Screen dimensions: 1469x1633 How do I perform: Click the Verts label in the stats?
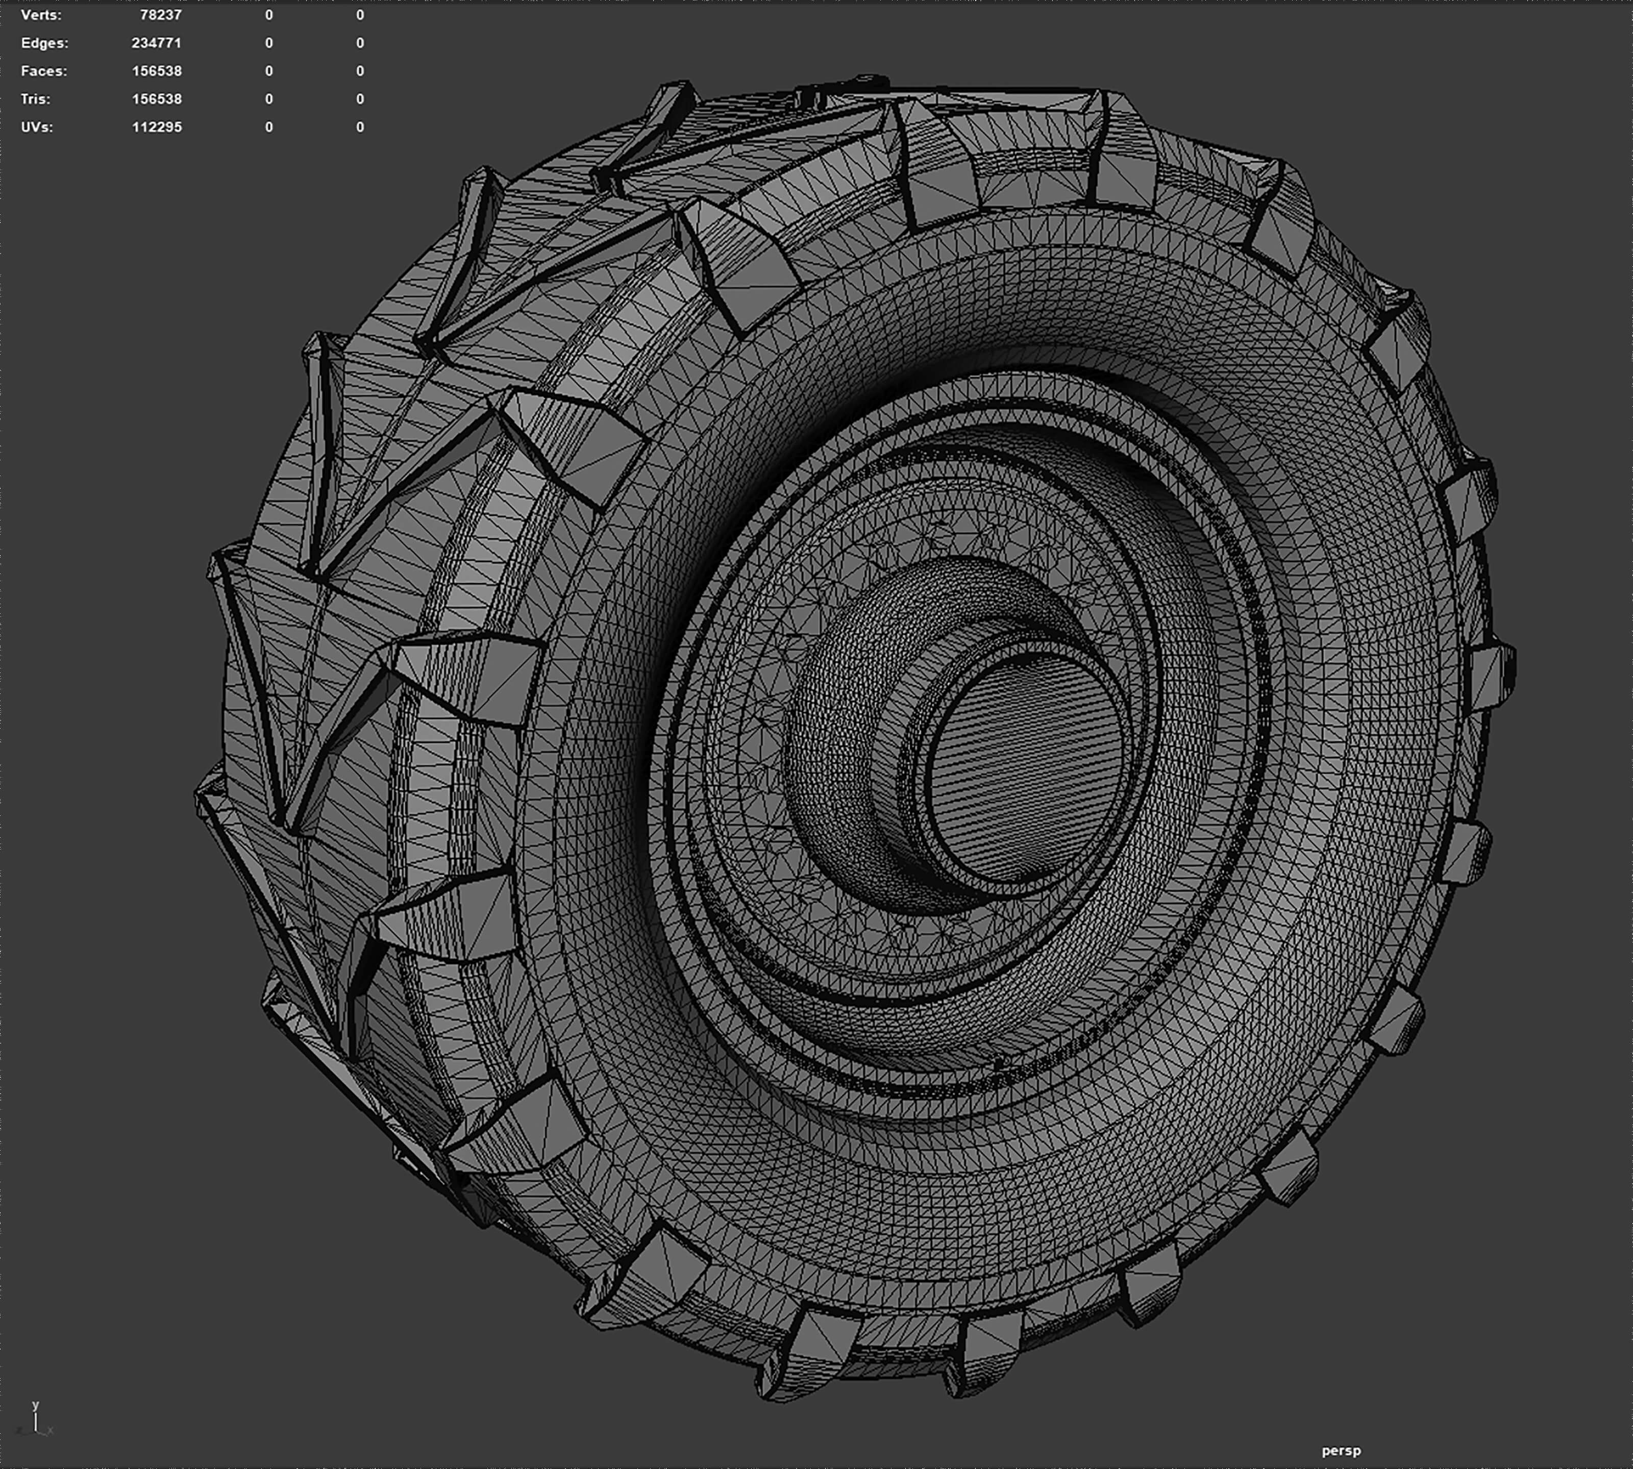tap(40, 14)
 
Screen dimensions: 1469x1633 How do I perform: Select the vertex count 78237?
tap(161, 14)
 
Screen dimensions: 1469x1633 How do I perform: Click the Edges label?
tap(44, 43)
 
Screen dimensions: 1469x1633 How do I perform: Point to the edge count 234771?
tap(157, 43)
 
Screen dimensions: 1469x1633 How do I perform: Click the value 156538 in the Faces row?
tap(157, 71)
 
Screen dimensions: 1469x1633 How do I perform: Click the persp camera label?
tap(1341, 1451)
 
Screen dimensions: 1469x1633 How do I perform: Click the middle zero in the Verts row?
tap(269, 14)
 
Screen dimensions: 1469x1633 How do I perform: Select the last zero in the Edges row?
tap(360, 43)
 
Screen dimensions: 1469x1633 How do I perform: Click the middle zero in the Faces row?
tap(269, 71)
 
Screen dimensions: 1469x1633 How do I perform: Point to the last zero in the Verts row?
tap(360, 14)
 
